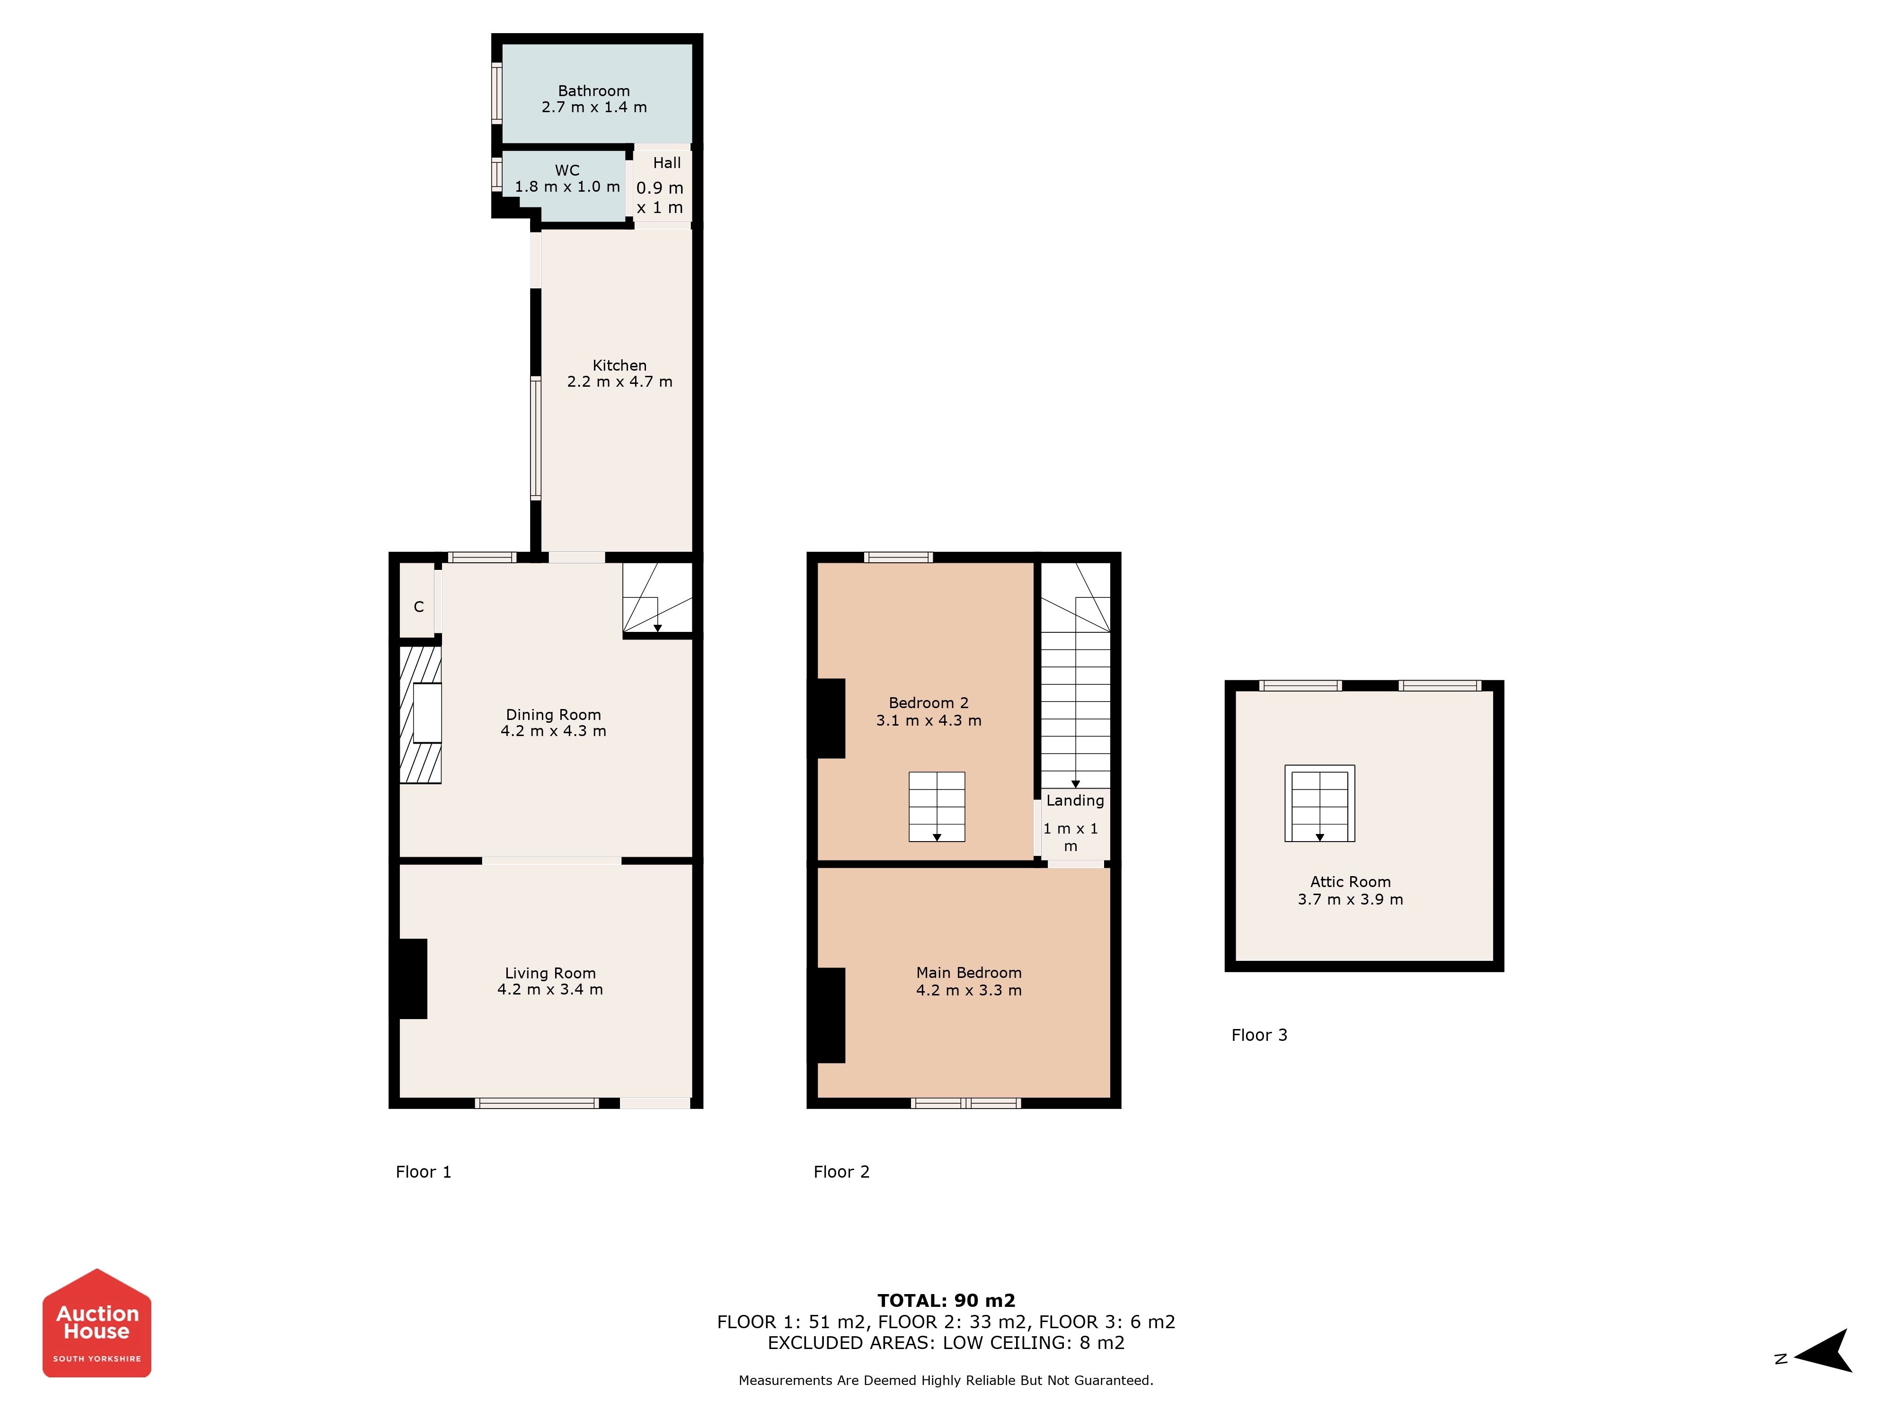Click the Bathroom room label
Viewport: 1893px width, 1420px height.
594,91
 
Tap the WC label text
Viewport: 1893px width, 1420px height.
567,170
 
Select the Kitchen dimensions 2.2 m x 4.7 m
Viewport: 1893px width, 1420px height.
619,382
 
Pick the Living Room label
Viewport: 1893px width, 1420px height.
550,973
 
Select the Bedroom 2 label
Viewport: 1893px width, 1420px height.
929,703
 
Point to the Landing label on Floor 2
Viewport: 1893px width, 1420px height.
1075,800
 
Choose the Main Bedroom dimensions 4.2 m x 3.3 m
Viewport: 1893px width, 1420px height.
969,990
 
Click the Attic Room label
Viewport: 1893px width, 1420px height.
1351,882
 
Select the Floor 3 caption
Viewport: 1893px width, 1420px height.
1259,1035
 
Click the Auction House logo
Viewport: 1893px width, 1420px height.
97,1322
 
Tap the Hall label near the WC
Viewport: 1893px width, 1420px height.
667,163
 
